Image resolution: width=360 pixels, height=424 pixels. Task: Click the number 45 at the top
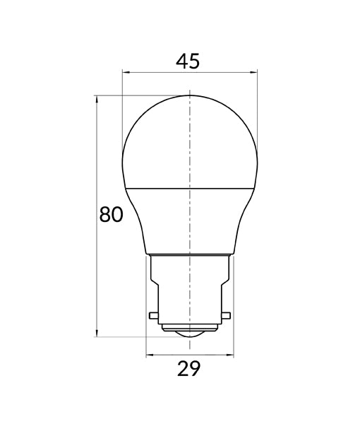[188, 61]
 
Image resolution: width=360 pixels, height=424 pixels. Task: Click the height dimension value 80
[112, 214]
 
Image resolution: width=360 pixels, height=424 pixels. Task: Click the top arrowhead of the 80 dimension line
[96, 98]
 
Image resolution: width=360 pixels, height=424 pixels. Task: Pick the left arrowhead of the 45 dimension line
[125, 71]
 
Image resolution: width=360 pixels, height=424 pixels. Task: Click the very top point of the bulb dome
[191, 95]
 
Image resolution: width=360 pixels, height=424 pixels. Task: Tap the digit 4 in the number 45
[181, 61]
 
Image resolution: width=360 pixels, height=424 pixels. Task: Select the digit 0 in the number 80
[118, 214]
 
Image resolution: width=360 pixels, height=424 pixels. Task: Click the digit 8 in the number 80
[105, 214]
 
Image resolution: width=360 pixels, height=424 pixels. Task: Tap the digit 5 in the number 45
[194, 61]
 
